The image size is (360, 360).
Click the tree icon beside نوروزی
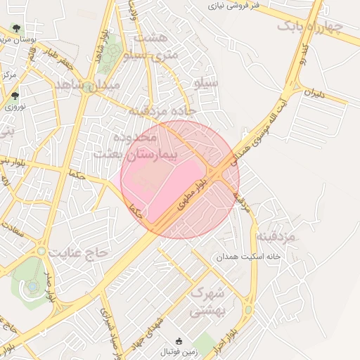(15, 96)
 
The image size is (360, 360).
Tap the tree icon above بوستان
(15, 30)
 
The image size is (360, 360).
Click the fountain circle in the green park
(32, 287)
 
